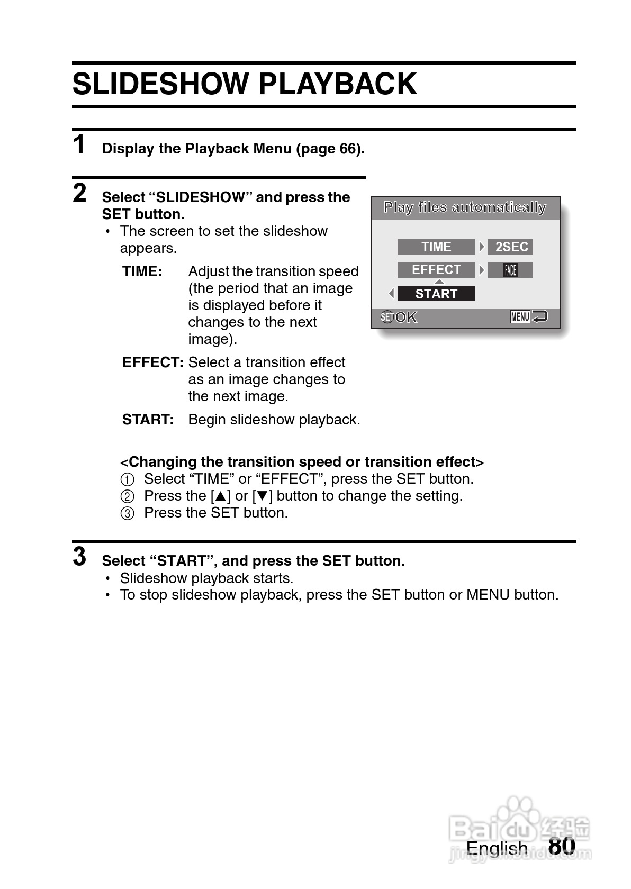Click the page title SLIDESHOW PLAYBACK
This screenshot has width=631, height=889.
[245, 84]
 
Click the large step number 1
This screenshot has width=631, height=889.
[79, 145]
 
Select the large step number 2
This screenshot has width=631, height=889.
[79, 193]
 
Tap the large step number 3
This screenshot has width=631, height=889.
[79, 557]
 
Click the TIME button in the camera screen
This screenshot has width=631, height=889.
[436, 247]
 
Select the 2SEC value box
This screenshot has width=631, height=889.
[510, 247]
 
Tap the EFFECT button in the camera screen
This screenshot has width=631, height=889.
[436, 270]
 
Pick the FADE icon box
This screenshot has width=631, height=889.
[510, 270]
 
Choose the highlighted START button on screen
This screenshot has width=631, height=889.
[436, 294]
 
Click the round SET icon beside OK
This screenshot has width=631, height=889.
[387, 317]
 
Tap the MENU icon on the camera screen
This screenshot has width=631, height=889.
[520, 317]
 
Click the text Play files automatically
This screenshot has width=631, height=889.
[464, 207]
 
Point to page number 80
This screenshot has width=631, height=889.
[562, 846]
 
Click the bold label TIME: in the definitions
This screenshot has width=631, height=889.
[142, 271]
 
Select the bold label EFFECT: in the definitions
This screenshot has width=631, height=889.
[152, 362]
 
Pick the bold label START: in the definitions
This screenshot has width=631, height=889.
[148, 420]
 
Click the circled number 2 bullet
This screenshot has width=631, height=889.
[128, 496]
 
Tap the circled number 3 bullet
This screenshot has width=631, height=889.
[128, 513]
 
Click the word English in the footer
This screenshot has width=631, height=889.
[497, 848]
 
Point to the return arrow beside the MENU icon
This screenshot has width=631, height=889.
[540, 317]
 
